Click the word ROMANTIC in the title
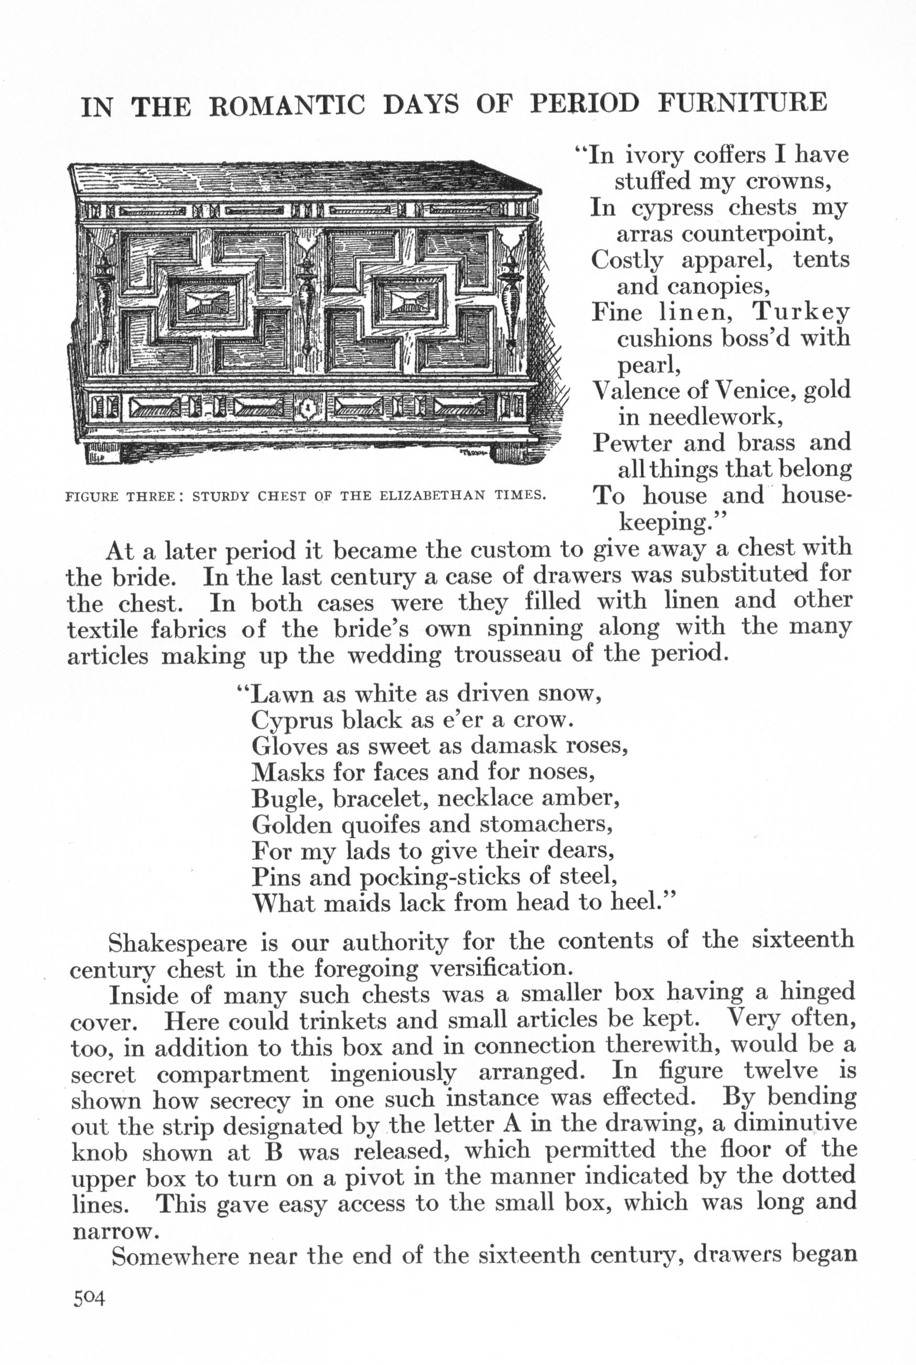click(287, 105)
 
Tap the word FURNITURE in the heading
click(742, 103)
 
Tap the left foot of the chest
click(103, 453)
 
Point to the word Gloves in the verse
click(287, 746)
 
